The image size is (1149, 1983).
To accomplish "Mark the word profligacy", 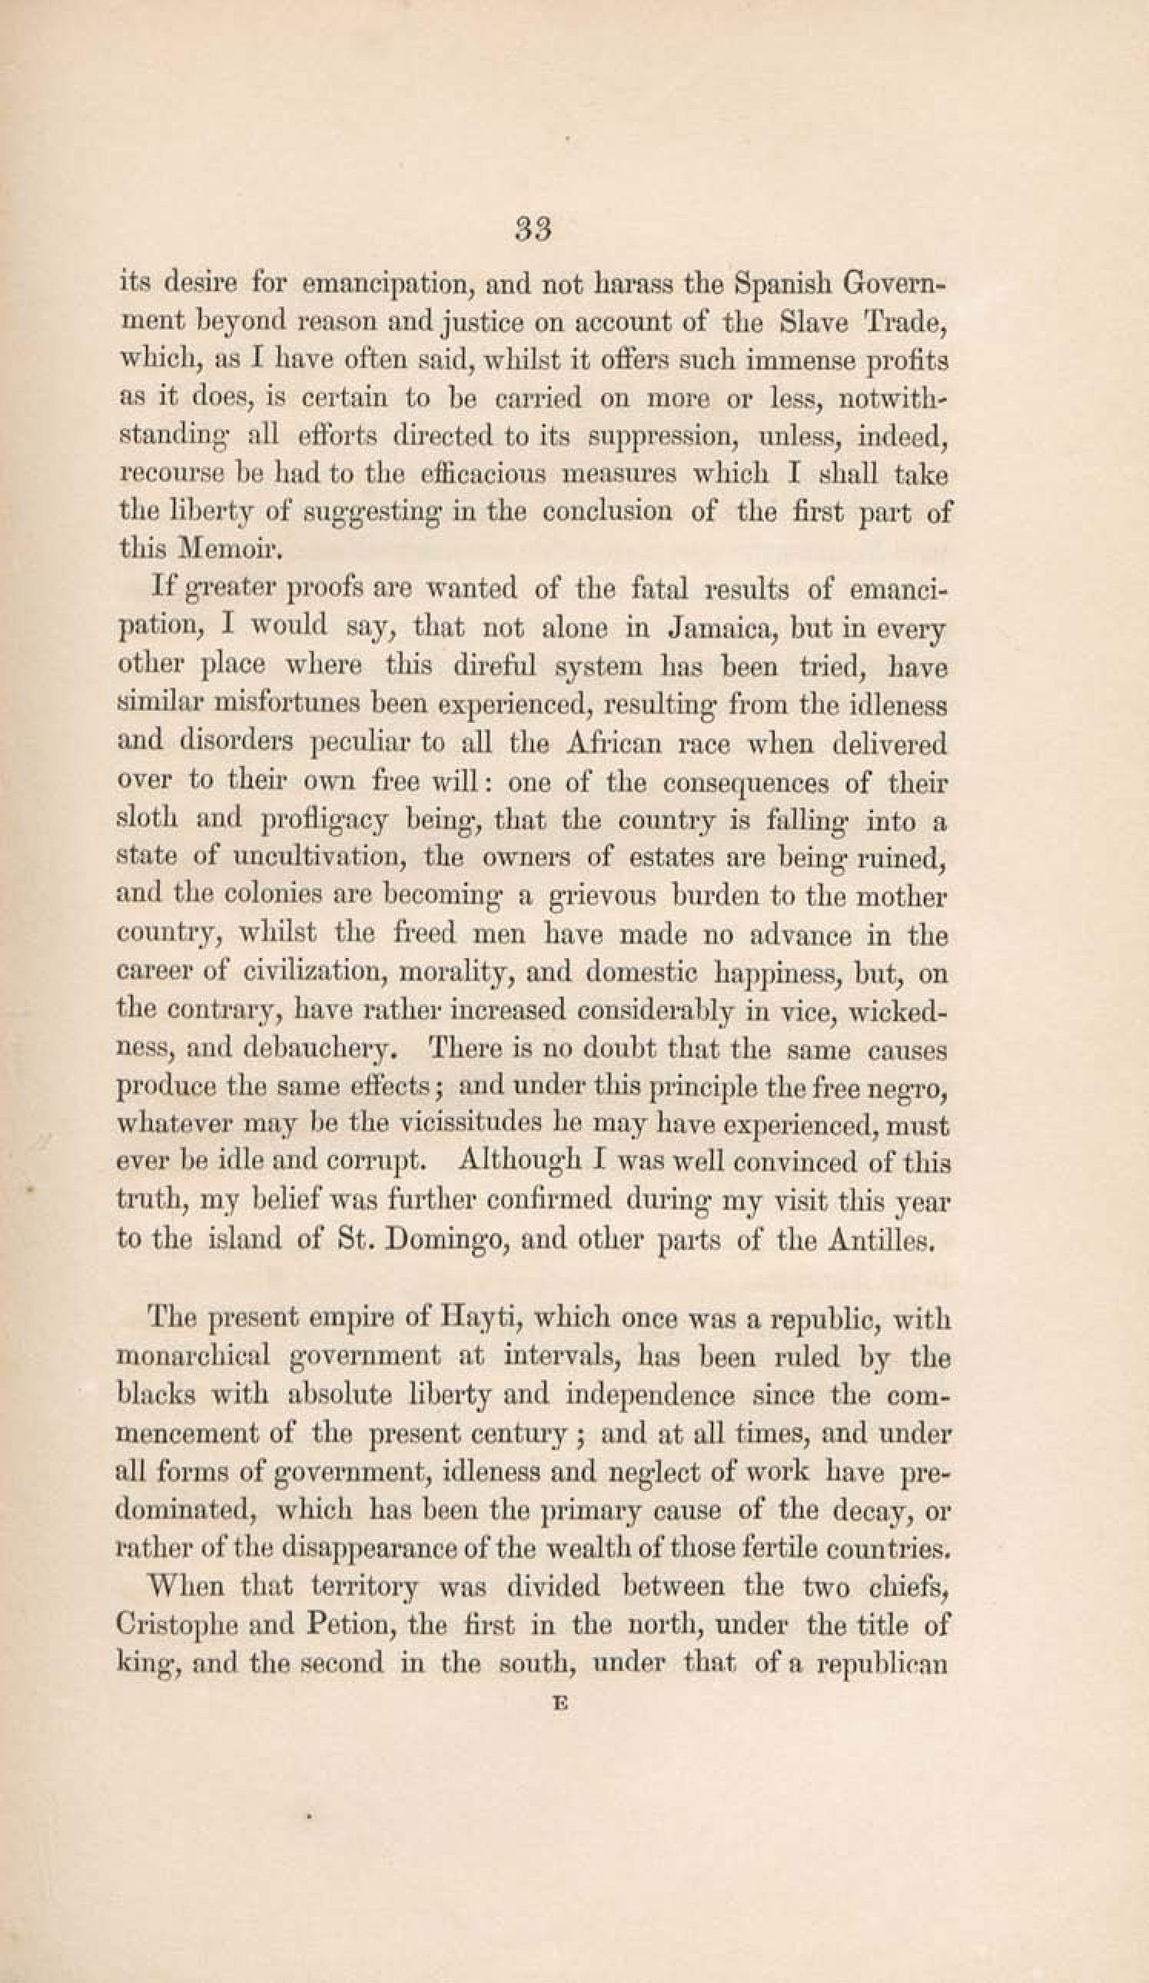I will (324, 822).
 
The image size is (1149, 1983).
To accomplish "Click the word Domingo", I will (430, 1241).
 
